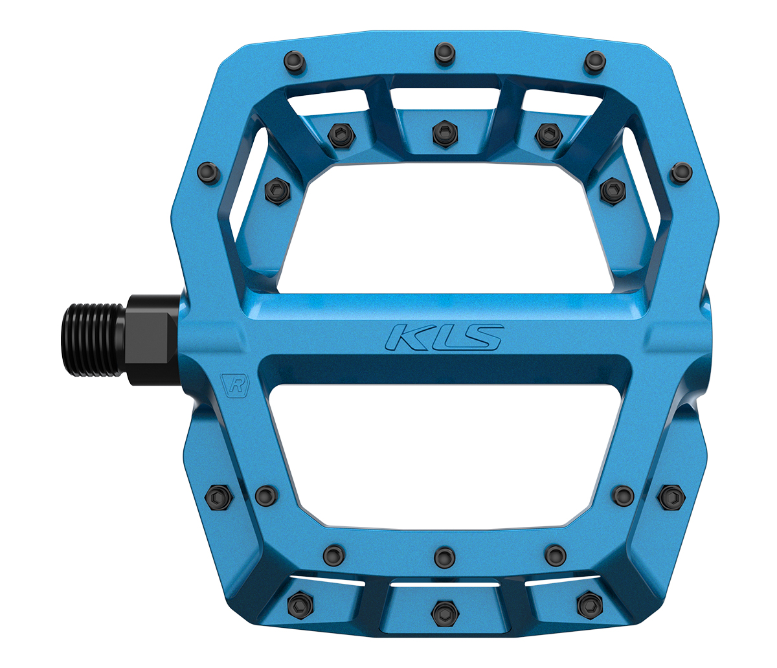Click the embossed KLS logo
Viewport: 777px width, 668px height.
(x=445, y=337)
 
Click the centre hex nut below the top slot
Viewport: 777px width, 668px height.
(x=445, y=134)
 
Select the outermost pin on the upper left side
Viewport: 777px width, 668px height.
(x=208, y=173)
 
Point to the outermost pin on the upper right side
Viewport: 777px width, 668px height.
(x=682, y=173)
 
